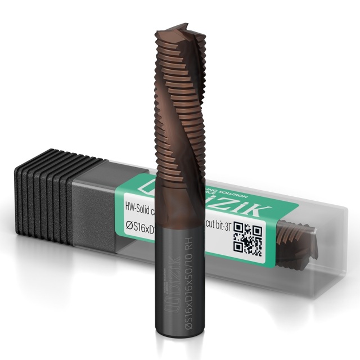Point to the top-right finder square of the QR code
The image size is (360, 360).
257,229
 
